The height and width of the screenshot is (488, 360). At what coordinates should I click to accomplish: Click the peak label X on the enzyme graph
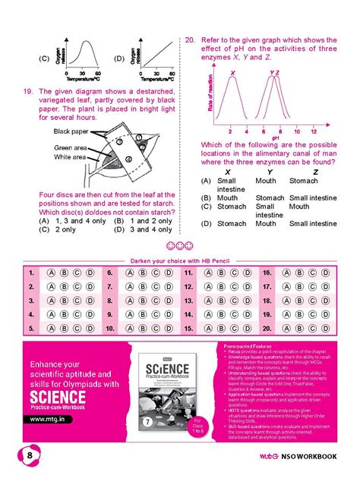click(232, 73)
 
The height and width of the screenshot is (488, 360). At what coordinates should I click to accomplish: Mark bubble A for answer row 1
click(51, 272)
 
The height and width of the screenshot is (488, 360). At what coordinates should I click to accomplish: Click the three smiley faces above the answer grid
click(180, 247)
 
